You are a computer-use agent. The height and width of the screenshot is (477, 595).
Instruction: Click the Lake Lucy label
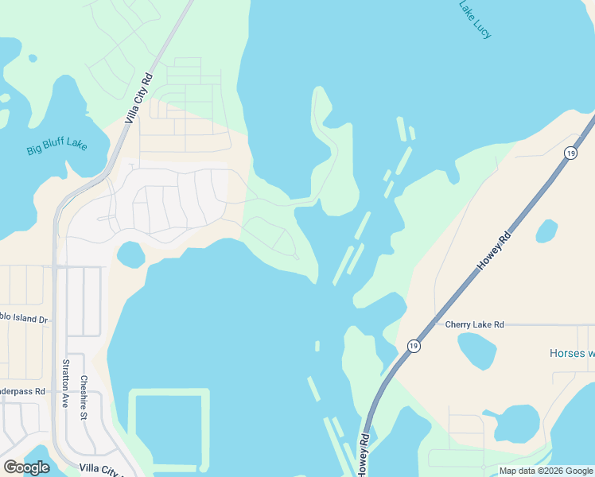[475, 19]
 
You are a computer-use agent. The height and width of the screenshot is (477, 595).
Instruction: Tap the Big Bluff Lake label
[56, 148]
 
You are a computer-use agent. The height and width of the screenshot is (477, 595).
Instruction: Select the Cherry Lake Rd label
[475, 324]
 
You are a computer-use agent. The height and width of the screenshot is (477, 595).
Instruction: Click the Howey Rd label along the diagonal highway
[491, 253]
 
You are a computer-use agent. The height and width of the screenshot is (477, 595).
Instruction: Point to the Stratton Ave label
[65, 383]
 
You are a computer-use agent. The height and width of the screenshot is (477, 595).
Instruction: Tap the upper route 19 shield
[570, 153]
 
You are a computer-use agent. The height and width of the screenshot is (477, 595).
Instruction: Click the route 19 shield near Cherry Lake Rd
[413, 346]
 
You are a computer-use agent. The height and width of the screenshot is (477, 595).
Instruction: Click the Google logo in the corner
[26, 467]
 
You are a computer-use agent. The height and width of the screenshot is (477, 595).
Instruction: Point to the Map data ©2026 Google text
[546, 471]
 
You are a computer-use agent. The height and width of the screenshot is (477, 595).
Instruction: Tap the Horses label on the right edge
[572, 353]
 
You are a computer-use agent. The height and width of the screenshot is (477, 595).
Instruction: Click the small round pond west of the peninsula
[130, 254]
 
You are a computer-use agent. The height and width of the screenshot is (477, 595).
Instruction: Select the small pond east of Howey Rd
[546, 231]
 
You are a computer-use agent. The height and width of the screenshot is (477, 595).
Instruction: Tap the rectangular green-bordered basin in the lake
[169, 429]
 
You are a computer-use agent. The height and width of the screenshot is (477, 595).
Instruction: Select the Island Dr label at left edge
[23, 320]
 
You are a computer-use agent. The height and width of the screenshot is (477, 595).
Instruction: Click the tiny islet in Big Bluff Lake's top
[32, 58]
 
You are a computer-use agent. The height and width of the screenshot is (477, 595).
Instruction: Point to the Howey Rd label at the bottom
[364, 456]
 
